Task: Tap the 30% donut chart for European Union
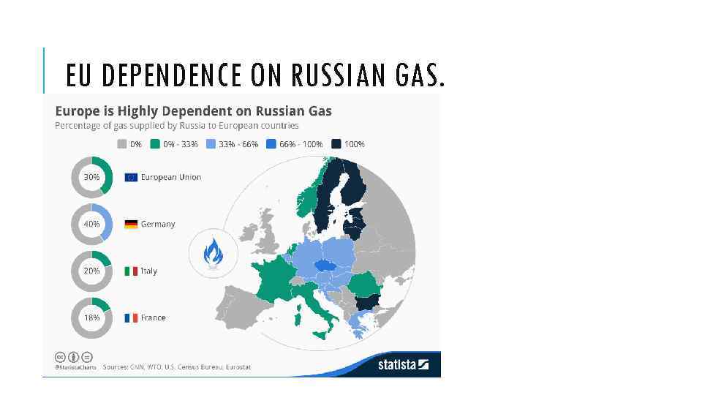pyautogui.click(x=91, y=177)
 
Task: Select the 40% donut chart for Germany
pyautogui.click(x=91, y=224)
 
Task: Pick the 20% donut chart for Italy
pyautogui.click(x=91, y=271)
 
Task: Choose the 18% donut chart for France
pyautogui.click(x=91, y=317)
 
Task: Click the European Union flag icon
pyautogui.click(x=131, y=177)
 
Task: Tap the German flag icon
pyautogui.click(x=131, y=224)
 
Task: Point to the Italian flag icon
pyautogui.click(x=131, y=271)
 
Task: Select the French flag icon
pyautogui.click(x=131, y=317)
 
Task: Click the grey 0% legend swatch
pyautogui.click(x=122, y=144)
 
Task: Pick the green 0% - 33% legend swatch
pyautogui.click(x=155, y=144)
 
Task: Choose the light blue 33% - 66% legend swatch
pyautogui.click(x=211, y=144)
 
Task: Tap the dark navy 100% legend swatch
pyautogui.click(x=336, y=144)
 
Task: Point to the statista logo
pyautogui.click(x=403, y=364)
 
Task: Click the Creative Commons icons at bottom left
pyautogui.click(x=74, y=357)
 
